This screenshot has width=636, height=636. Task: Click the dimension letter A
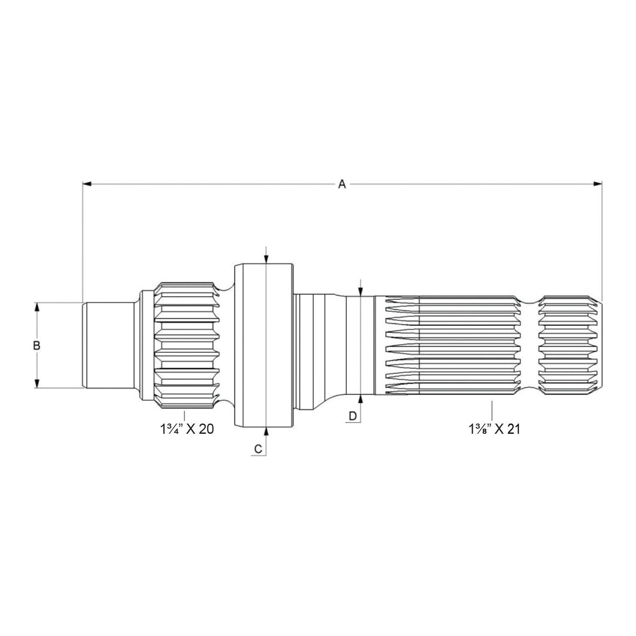[342, 184]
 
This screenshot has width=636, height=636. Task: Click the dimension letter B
[37, 346]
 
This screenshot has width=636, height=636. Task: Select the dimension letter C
[258, 449]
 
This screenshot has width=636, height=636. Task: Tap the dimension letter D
[353, 415]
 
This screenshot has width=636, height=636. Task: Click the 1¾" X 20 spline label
[187, 429]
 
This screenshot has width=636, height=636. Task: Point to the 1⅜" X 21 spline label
[494, 429]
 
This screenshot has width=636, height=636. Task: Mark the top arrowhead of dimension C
[266, 259]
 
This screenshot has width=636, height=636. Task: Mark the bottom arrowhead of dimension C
[266, 432]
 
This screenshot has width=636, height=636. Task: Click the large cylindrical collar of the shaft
[263, 346]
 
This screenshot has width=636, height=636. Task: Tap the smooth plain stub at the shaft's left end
[107, 346]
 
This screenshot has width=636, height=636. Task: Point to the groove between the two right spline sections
[530, 346]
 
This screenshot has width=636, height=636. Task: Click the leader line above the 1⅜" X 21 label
[492, 410]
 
